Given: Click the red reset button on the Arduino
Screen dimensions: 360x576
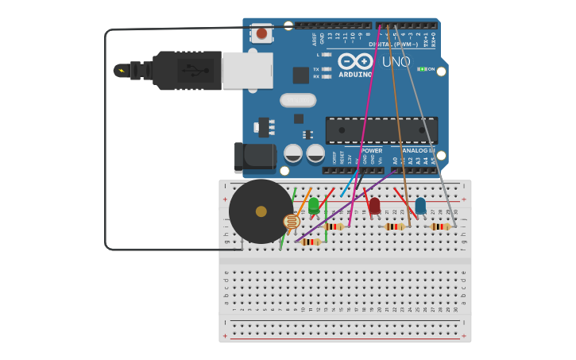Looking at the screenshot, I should (261, 33).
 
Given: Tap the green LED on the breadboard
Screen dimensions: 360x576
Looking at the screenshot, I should (314, 205).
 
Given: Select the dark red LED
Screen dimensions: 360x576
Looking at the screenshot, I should (374, 206).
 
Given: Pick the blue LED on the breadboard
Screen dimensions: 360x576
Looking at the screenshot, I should (420, 206).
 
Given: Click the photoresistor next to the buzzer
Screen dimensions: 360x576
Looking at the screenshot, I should (292, 223).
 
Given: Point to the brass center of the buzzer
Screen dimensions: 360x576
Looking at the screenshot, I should (261, 211).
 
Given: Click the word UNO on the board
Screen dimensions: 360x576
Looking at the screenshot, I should (396, 62).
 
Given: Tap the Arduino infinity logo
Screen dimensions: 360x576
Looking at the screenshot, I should (355, 61).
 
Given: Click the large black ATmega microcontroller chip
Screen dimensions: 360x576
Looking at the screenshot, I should (370, 130).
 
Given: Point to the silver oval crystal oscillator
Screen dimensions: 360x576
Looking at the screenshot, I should (298, 100).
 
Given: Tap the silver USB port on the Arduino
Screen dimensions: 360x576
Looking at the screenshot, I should (248, 70).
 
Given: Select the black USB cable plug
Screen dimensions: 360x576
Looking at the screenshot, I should (187, 70).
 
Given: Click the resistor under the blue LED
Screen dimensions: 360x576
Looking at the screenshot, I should (439, 226).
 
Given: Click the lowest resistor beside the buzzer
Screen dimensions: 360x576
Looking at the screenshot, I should (311, 242).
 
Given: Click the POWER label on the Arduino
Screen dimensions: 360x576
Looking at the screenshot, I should (371, 150).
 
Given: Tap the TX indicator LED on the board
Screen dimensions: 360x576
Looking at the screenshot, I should (327, 69).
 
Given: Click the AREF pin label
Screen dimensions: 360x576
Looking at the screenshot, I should (315, 38).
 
